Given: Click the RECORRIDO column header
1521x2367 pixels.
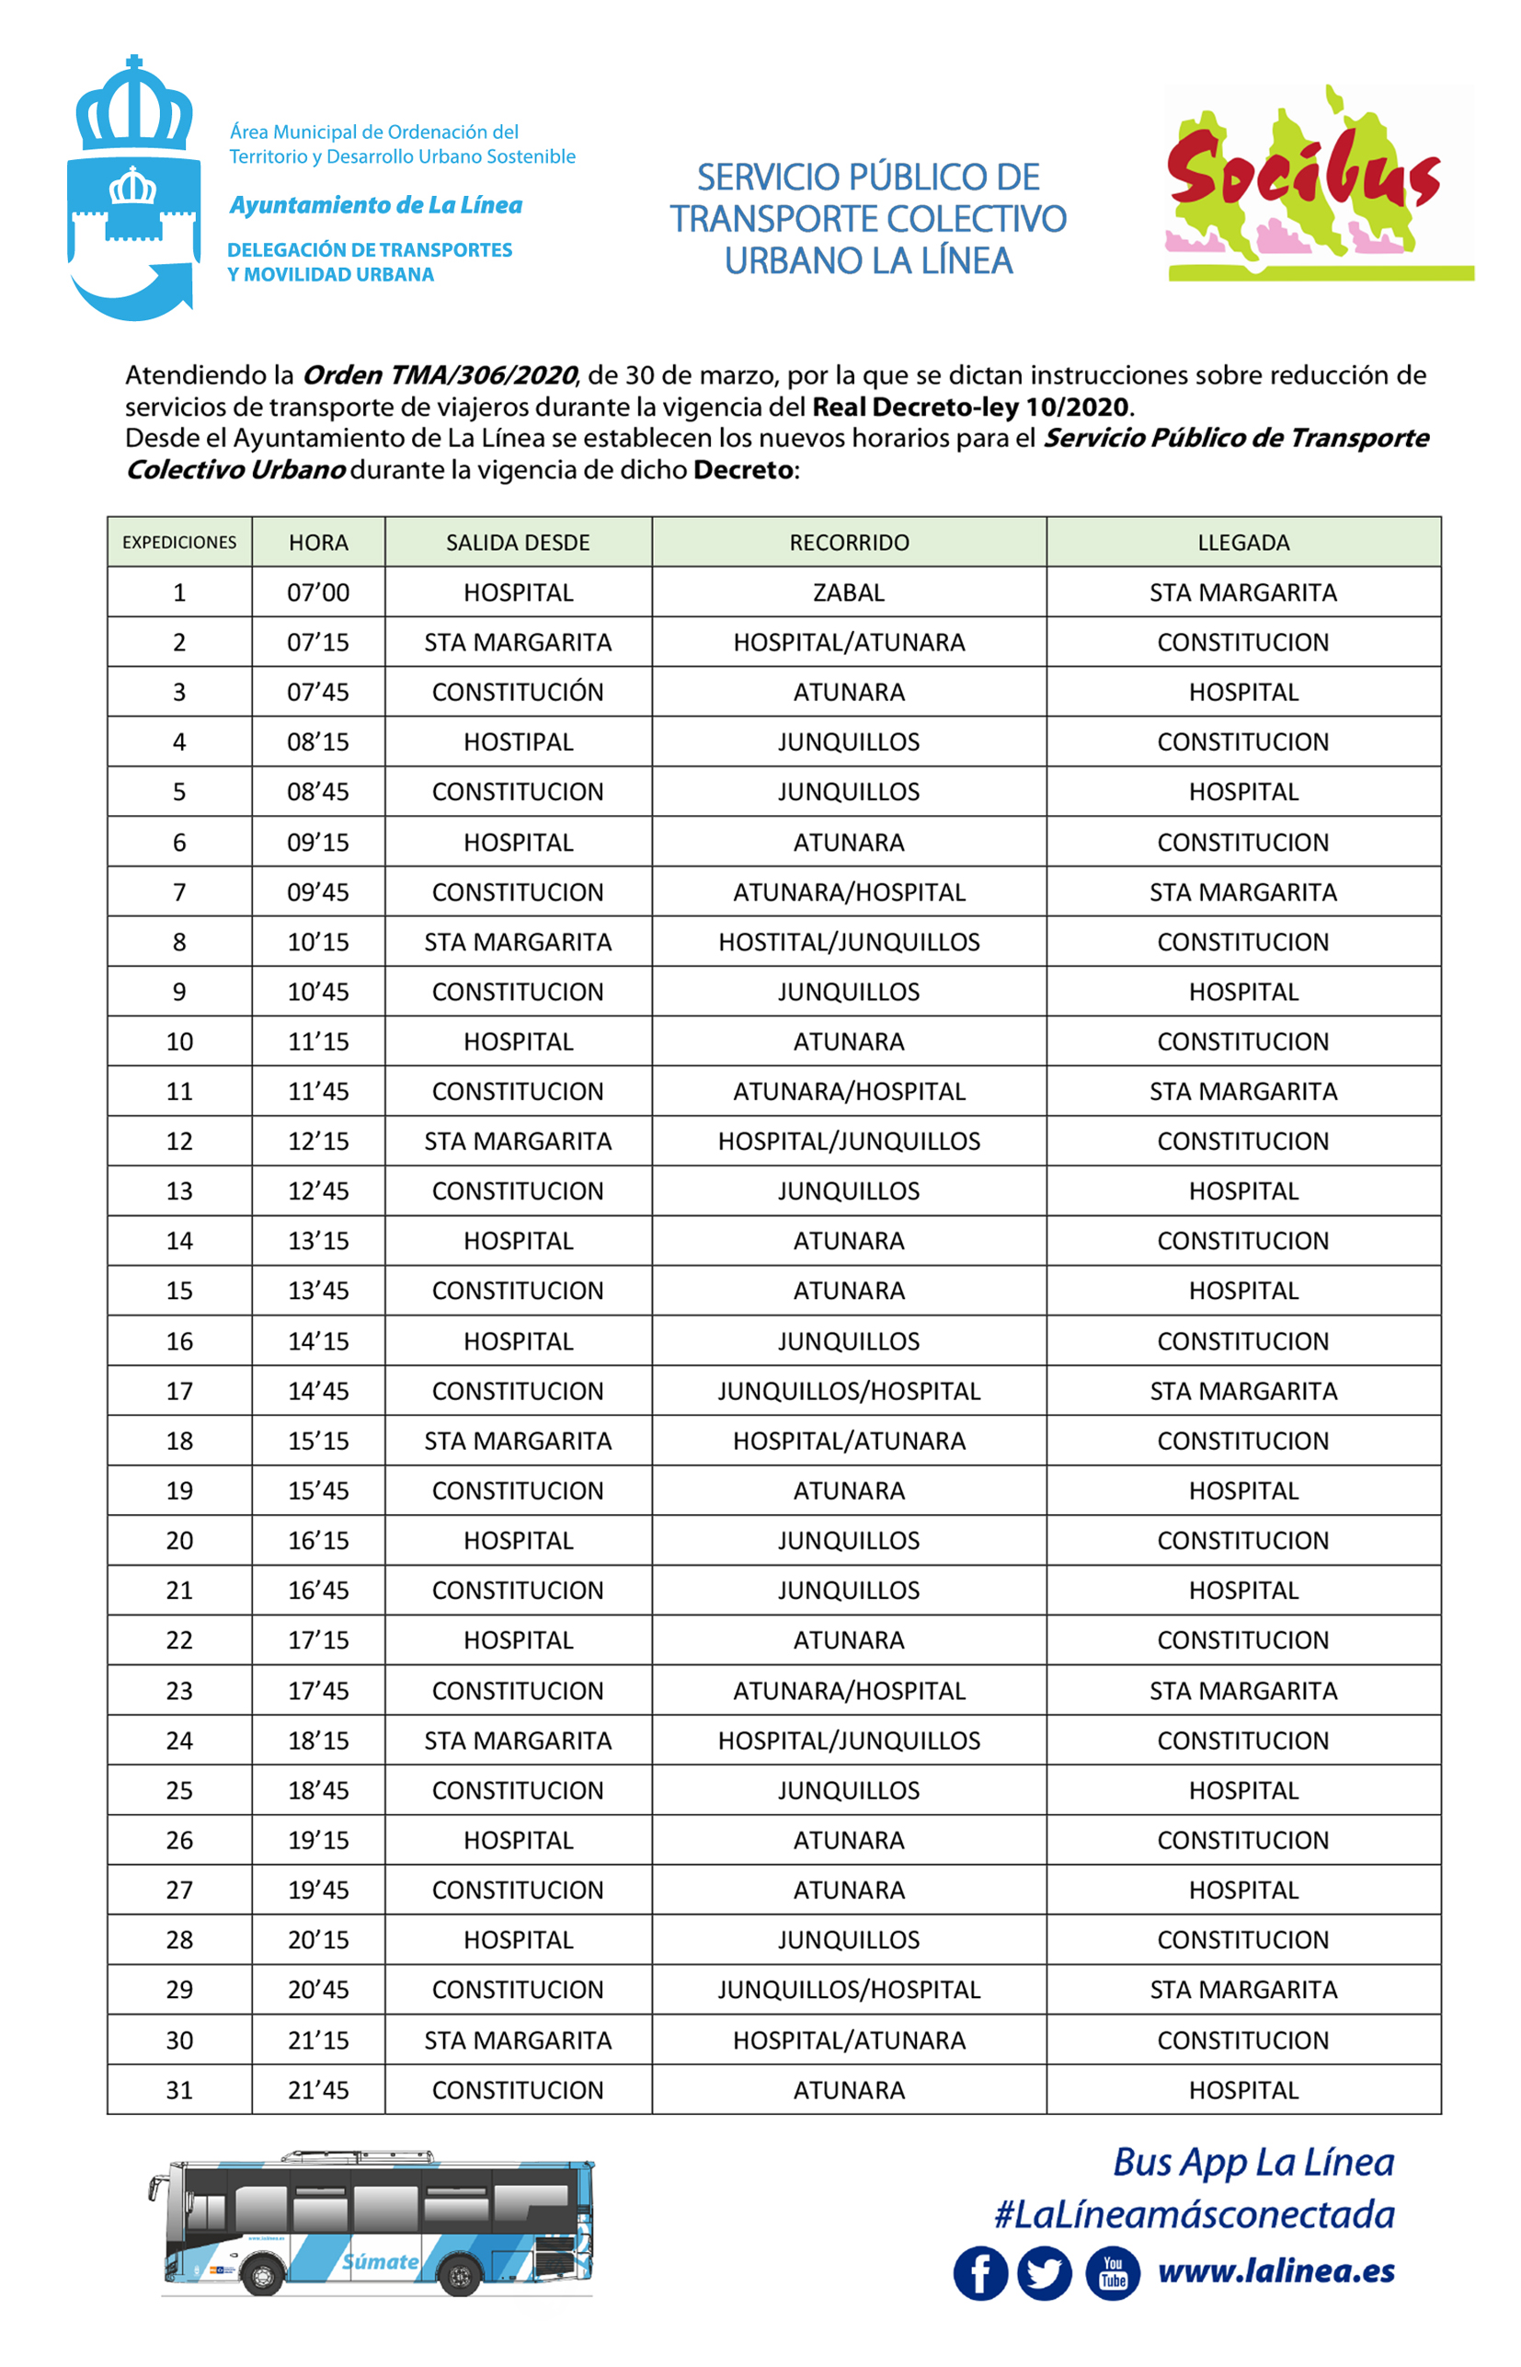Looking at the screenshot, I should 849,543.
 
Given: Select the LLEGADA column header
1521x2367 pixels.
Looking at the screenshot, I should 1242,543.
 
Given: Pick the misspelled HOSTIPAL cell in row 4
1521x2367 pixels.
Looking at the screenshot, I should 518,741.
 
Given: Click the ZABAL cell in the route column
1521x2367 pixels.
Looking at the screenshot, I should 849,592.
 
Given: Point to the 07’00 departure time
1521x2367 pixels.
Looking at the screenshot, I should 318,592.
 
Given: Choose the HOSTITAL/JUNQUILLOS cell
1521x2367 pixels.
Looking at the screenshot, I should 849,942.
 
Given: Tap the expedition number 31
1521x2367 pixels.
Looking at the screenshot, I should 178,2089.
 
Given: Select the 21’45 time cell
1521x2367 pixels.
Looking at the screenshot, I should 318,2089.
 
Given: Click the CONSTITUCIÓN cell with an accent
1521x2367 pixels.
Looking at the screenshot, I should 518,693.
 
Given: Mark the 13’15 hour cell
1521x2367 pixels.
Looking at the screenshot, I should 318,1241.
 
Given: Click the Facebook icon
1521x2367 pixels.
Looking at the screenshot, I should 979,2272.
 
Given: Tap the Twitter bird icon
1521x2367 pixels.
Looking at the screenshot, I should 1044,2272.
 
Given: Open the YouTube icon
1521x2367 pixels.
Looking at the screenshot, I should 1112,2272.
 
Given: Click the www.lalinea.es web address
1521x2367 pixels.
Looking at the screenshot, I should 1276,2270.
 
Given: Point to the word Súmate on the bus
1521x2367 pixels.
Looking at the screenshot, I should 381,2261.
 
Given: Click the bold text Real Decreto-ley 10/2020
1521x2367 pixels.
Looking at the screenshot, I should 971,407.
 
